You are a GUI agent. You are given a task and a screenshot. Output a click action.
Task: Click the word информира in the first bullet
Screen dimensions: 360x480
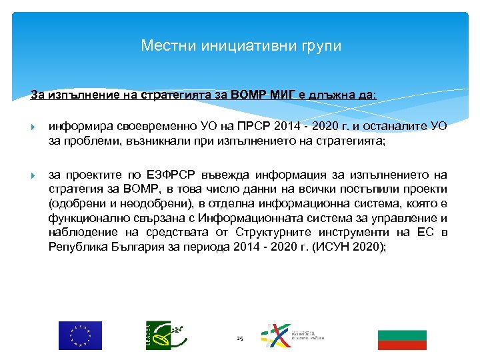[x=77, y=126]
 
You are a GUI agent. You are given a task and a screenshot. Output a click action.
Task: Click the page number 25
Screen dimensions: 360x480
[x=240, y=339]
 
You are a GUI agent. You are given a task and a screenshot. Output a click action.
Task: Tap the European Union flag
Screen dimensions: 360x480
[x=80, y=335]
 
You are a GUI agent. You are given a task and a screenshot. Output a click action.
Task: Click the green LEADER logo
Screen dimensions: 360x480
[x=162, y=335]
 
